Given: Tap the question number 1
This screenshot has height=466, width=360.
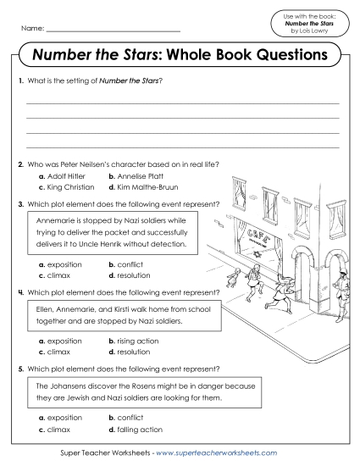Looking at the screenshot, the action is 19,80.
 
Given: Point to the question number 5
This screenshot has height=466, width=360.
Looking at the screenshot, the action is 19,369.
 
